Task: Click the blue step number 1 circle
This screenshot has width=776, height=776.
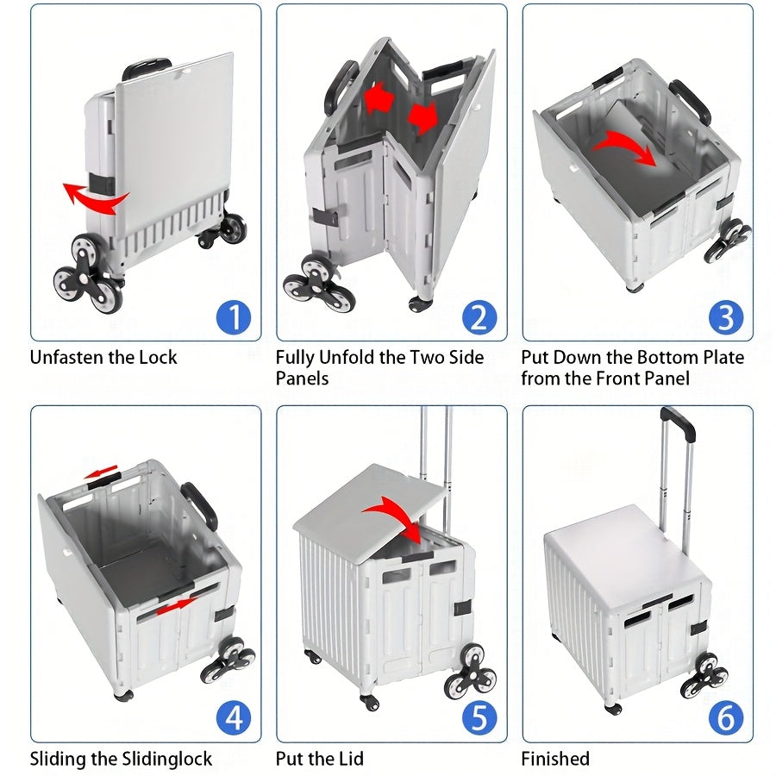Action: (x=232, y=317)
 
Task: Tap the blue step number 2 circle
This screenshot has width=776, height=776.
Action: (x=479, y=317)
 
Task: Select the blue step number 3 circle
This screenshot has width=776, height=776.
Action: (x=725, y=317)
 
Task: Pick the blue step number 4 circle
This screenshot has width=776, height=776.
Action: (x=232, y=718)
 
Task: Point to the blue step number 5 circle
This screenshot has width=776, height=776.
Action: (x=479, y=718)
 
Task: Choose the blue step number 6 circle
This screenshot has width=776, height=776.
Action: (x=725, y=718)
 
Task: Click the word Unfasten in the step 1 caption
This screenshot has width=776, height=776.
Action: (x=66, y=358)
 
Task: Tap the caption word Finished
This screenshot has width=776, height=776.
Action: (x=555, y=760)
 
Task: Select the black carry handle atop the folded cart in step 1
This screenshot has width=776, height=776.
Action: (x=146, y=66)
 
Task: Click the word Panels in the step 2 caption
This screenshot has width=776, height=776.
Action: (x=302, y=379)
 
